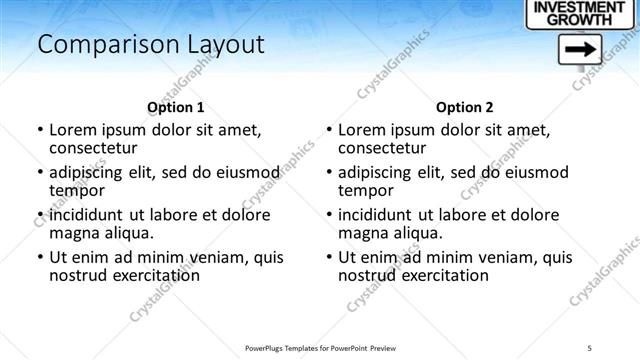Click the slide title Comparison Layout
[150, 45]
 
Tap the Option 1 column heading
[176, 107]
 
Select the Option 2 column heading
[464, 107]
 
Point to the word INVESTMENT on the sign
[582, 7]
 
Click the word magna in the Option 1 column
[73, 233]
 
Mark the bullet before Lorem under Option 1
[39, 131]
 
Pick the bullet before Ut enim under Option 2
[328, 257]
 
